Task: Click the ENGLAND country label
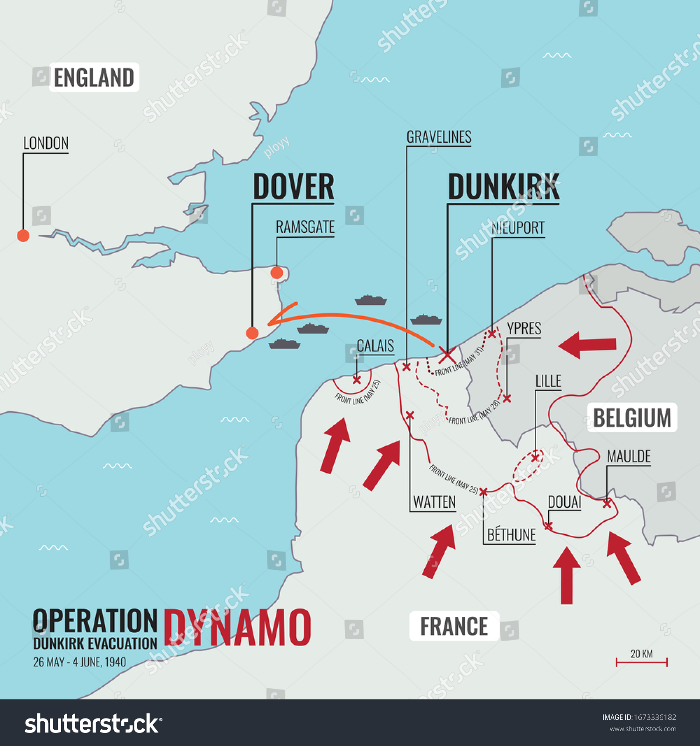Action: tap(94, 77)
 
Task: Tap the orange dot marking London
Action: tap(23, 235)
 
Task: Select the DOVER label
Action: tap(293, 186)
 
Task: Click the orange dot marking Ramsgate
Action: tap(277, 273)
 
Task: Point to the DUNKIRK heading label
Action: tap(503, 186)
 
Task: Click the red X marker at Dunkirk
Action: tap(447, 355)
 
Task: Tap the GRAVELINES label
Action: tap(439, 137)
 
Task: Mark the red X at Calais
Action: tap(357, 380)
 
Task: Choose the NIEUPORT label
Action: tap(518, 228)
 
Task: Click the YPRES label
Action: tap(524, 328)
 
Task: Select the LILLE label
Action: tap(548, 381)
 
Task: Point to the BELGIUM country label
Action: tap(632, 417)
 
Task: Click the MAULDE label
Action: tap(628, 456)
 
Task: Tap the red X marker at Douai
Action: tap(548, 526)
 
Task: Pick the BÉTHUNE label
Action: tap(511, 535)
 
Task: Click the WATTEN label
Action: tap(434, 502)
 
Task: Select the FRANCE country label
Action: tap(454, 626)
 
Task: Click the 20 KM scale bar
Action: tap(642, 662)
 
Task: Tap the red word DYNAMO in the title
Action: tap(237, 628)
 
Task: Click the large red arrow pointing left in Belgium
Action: tap(587, 345)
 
